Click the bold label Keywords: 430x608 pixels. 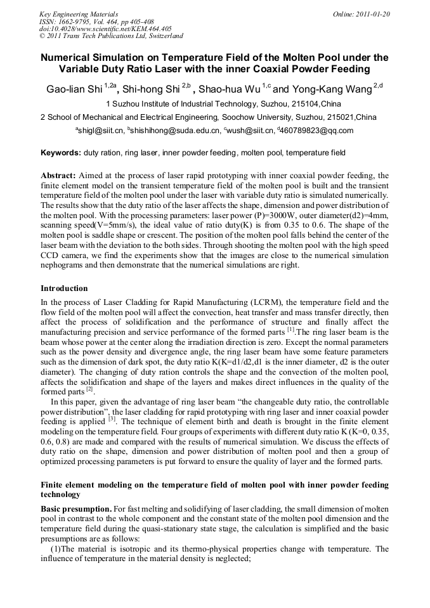point(60,153)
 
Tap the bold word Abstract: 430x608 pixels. point(58,175)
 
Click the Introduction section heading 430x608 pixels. point(64,288)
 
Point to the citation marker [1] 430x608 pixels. point(291,330)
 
